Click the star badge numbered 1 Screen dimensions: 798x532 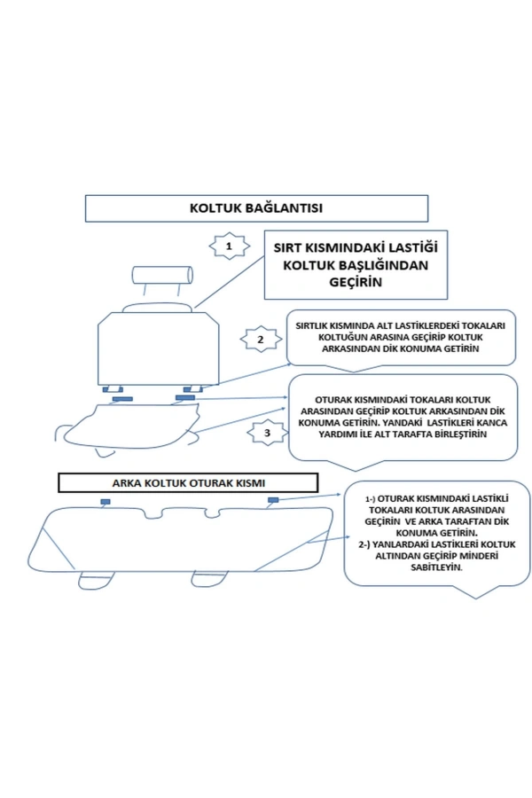pos(229,245)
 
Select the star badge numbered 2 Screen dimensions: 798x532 pos(260,340)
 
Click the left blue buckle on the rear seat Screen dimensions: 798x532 pos(105,503)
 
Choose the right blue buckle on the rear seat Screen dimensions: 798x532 pos(271,502)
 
